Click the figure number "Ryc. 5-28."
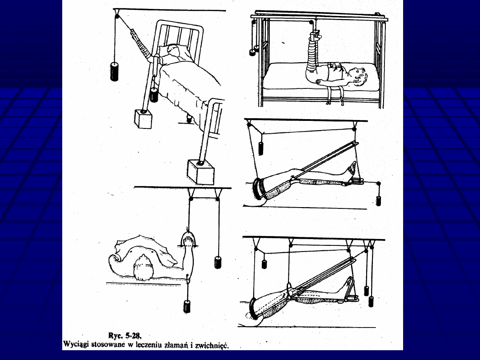click(x=125, y=336)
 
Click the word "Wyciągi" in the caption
click(x=76, y=344)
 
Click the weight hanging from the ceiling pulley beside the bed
click(x=114, y=71)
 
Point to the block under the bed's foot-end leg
click(x=201, y=172)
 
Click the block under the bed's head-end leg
click(x=143, y=119)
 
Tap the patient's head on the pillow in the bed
click(x=174, y=51)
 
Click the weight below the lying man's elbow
click(x=187, y=307)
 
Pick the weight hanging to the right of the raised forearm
click(x=218, y=263)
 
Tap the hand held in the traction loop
click(x=188, y=239)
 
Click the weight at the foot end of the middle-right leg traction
click(x=378, y=201)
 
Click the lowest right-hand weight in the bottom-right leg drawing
click(x=371, y=301)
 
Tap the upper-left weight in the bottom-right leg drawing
click(x=264, y=264)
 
